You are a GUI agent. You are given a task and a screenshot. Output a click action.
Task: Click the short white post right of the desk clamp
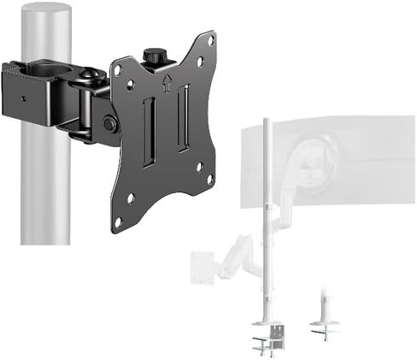point(326,312)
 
